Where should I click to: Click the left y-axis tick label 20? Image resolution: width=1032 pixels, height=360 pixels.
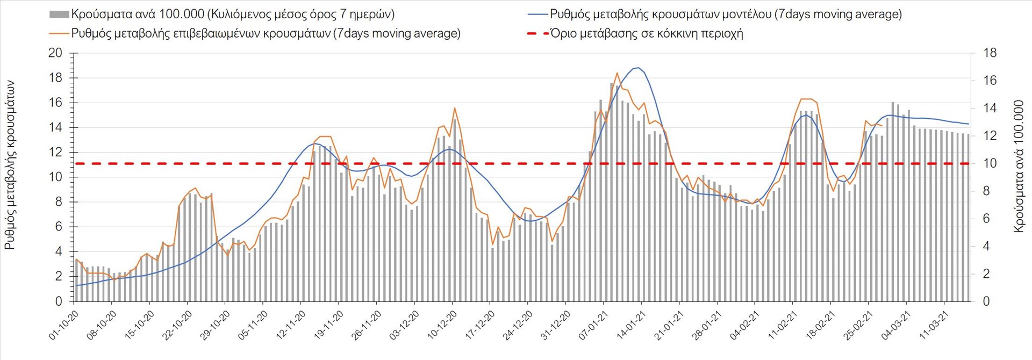55,53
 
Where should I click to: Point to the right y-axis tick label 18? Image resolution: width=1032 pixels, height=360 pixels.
990,53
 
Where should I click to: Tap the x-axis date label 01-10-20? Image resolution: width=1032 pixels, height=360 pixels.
64,325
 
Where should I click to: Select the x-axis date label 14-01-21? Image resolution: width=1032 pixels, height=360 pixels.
631,325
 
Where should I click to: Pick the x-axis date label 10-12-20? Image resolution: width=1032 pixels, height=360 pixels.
442,325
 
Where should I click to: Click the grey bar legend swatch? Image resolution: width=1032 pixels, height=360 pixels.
59,14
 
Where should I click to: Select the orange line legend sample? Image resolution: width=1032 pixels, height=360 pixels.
59,33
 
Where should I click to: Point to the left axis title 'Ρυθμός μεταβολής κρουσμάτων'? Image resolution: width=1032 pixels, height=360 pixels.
10,165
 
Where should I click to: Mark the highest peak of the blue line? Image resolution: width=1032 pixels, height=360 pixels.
637,68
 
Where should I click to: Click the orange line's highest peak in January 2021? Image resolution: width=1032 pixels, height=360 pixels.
617,73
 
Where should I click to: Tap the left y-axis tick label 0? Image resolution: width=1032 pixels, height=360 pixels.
59,301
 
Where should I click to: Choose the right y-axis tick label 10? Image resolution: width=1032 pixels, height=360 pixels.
990,163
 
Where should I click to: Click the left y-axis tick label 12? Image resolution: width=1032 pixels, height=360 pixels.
55,152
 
